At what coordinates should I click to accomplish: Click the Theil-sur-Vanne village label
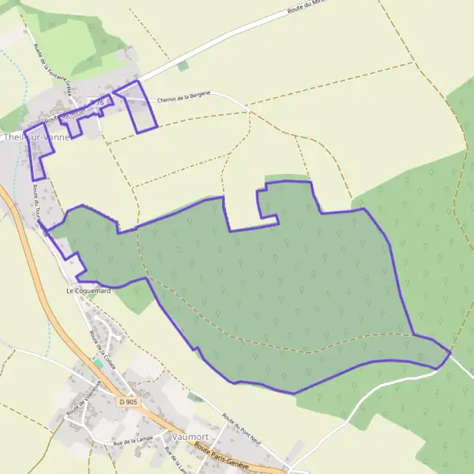36,136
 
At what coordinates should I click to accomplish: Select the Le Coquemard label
88,291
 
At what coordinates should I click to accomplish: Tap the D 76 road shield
97,103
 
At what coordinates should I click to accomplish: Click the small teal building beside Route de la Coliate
99,362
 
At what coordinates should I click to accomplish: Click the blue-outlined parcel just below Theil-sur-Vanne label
36,153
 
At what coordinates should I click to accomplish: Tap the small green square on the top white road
183,66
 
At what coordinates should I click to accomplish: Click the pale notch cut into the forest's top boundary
241,207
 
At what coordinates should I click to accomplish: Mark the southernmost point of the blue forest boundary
294,393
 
